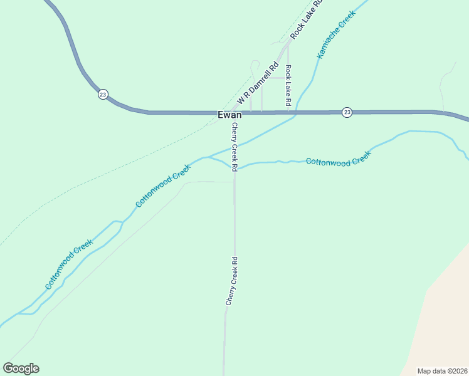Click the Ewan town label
coord(229,115)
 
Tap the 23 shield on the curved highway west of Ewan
coord(103,95)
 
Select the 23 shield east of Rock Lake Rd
coord(347,112)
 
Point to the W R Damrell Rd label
coord(257,84)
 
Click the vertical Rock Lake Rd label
coord(288,85)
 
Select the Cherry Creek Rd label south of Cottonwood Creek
coord(231,281)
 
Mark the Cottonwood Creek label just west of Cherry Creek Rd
coord(163,186)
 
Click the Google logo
coord(21,368)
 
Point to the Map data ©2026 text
coord(443,371)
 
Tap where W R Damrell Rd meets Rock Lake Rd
coord(288,42)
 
